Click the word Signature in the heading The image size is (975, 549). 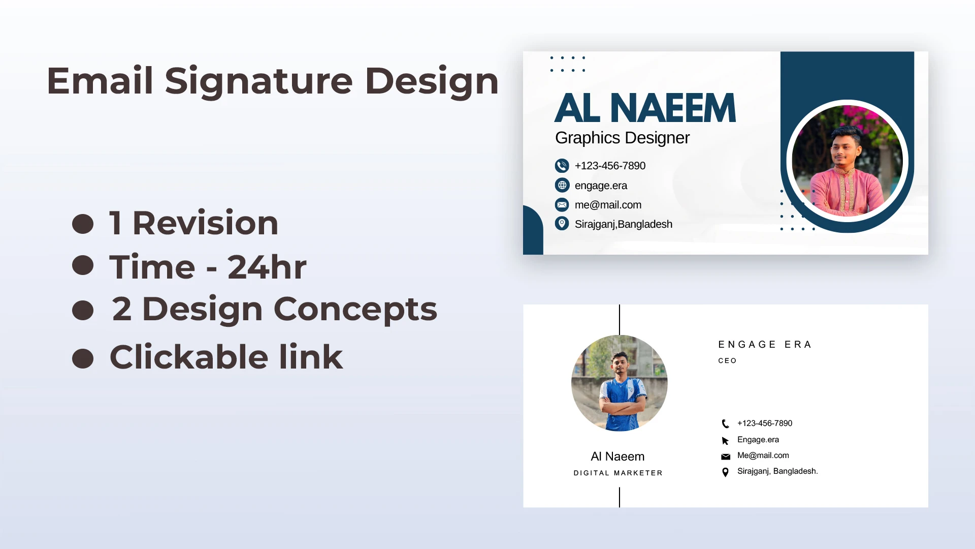click(258, 82)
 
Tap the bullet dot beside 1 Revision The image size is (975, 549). click(83, 224)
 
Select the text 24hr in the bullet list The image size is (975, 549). click(267, 267)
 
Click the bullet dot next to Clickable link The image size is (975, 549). click(83, 358)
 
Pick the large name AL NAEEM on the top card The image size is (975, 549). click(645, 108)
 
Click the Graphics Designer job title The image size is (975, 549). click(622, 138)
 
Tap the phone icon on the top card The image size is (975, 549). click(562, 166)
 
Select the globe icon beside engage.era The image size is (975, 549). click(562, 185)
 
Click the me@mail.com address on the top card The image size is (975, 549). click(608, 205)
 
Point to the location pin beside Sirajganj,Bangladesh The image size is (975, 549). click(562, 224)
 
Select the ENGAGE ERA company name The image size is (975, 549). click(765, 345)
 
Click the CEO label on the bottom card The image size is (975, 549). click(727, 361)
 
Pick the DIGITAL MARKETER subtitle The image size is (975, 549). click(618, 473)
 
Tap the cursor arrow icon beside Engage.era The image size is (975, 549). click(725, 441)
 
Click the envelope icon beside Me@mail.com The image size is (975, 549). click(726, 456)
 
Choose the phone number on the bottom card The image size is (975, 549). click(765, 423)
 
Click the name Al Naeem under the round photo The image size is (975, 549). click(617, 456)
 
